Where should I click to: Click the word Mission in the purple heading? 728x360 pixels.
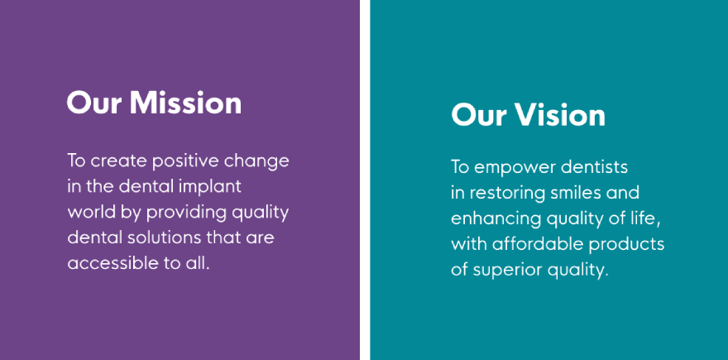[185, 102]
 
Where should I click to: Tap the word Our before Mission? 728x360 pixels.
[94, 102]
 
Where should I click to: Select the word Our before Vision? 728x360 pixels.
[479, 114]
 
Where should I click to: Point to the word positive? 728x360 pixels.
[185, 161]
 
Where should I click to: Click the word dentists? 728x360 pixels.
[594, 167]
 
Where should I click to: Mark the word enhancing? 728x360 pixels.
[496, 218]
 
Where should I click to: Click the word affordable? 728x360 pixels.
[537, 243]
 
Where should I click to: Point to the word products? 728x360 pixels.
[626, 244]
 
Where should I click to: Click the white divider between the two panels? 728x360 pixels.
[365, 180]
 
